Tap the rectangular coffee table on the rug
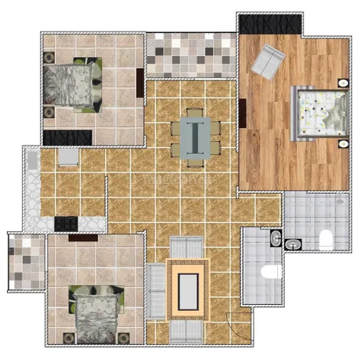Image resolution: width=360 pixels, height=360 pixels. pos(188,290)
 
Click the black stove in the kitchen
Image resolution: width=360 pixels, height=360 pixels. pos(64,223)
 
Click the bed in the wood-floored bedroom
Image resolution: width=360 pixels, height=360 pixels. pos(317,113)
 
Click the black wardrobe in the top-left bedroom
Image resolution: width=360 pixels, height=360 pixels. pos(57,138)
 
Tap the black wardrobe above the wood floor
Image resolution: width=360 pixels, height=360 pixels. pos(257,23)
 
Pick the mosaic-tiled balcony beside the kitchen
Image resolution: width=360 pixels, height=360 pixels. pos(27,260)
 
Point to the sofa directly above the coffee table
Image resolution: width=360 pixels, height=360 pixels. pos(185,247)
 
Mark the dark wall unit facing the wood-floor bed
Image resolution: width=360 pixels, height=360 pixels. pos(242,115)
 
